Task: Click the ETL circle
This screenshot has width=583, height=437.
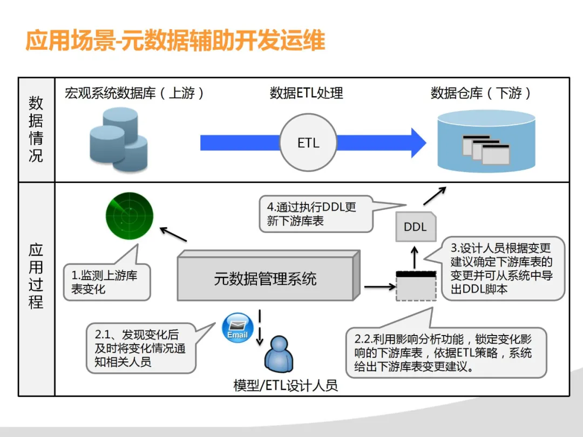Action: [x=308, y=143]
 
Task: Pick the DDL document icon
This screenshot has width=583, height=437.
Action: [x=415, y=226]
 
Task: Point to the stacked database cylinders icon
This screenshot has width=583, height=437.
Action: [x=118, y=139]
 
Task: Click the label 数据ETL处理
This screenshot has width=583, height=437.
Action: [x=306, y=93]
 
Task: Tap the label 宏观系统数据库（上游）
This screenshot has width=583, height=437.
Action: [x=134, y=93]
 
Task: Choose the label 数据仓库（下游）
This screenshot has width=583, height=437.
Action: [x=481, y=93]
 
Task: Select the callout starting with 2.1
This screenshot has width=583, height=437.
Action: [x=140, y=349]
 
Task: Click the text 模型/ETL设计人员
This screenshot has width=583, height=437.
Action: [x=286, y=385]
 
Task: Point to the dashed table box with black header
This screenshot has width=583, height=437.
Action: [x=416, y=285]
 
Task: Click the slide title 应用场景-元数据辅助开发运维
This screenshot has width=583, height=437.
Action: [x=175, y=41]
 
